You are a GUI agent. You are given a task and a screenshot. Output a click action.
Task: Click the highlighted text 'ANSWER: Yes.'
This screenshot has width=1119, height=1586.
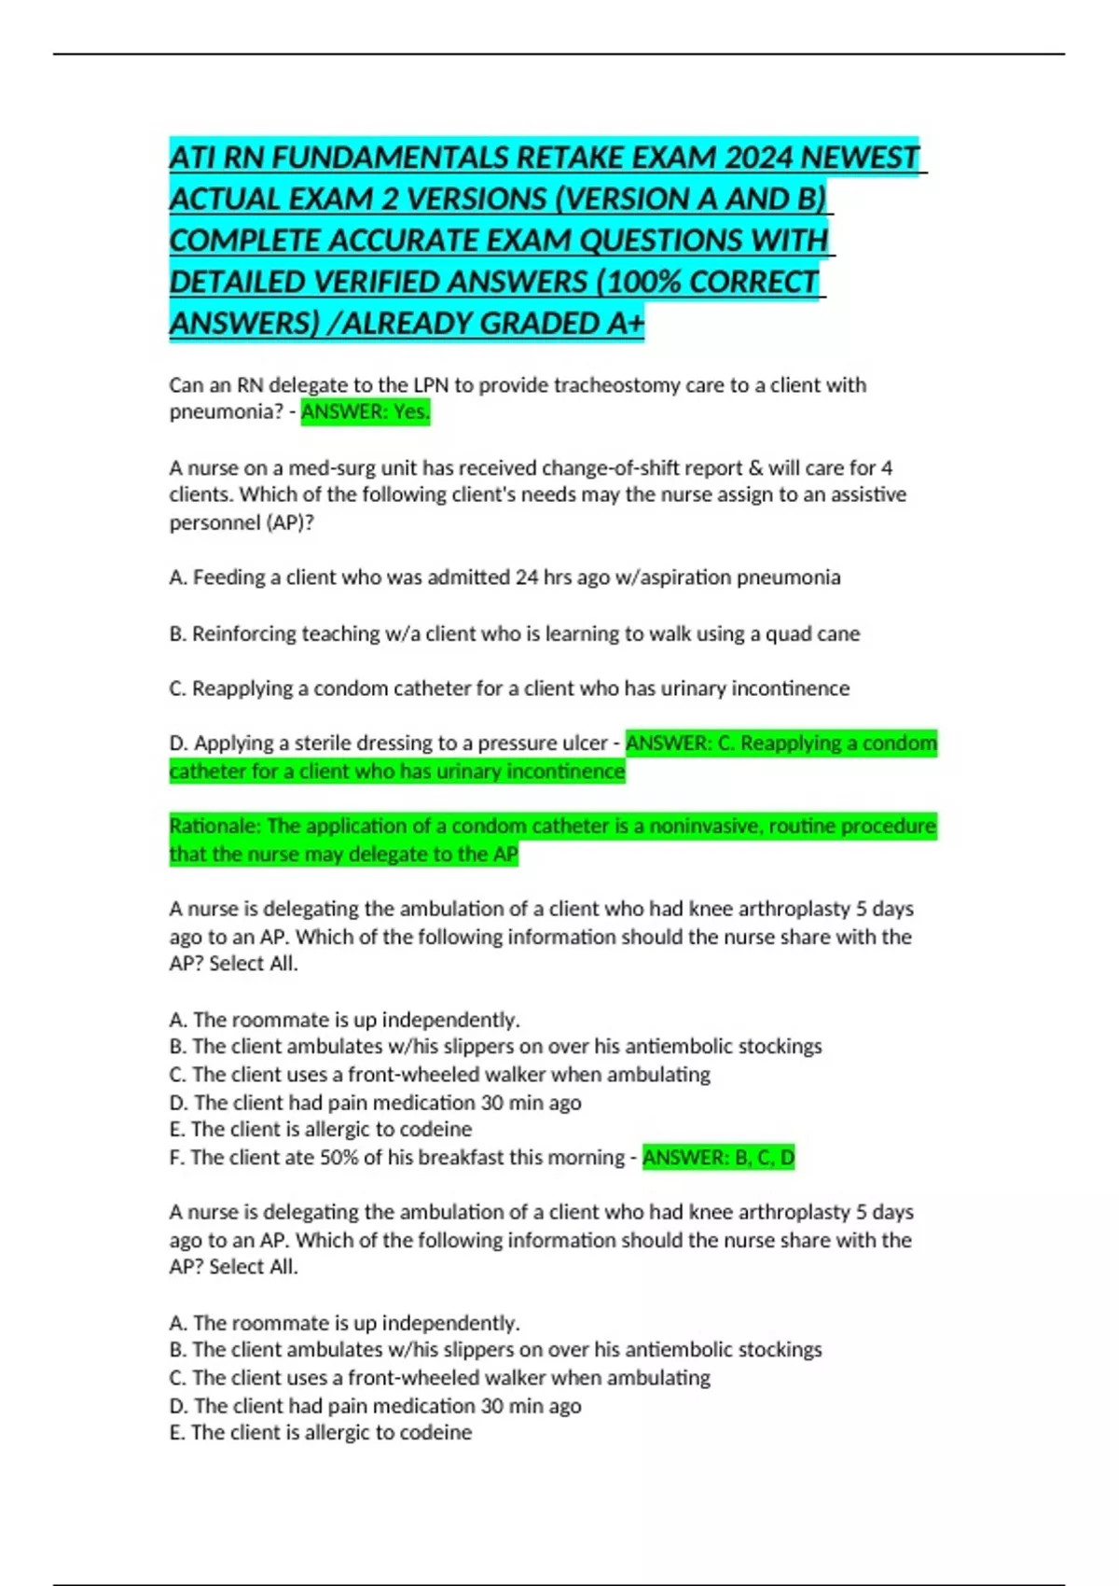366,411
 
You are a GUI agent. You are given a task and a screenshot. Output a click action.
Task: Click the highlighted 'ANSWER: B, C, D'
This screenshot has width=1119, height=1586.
718,1158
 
